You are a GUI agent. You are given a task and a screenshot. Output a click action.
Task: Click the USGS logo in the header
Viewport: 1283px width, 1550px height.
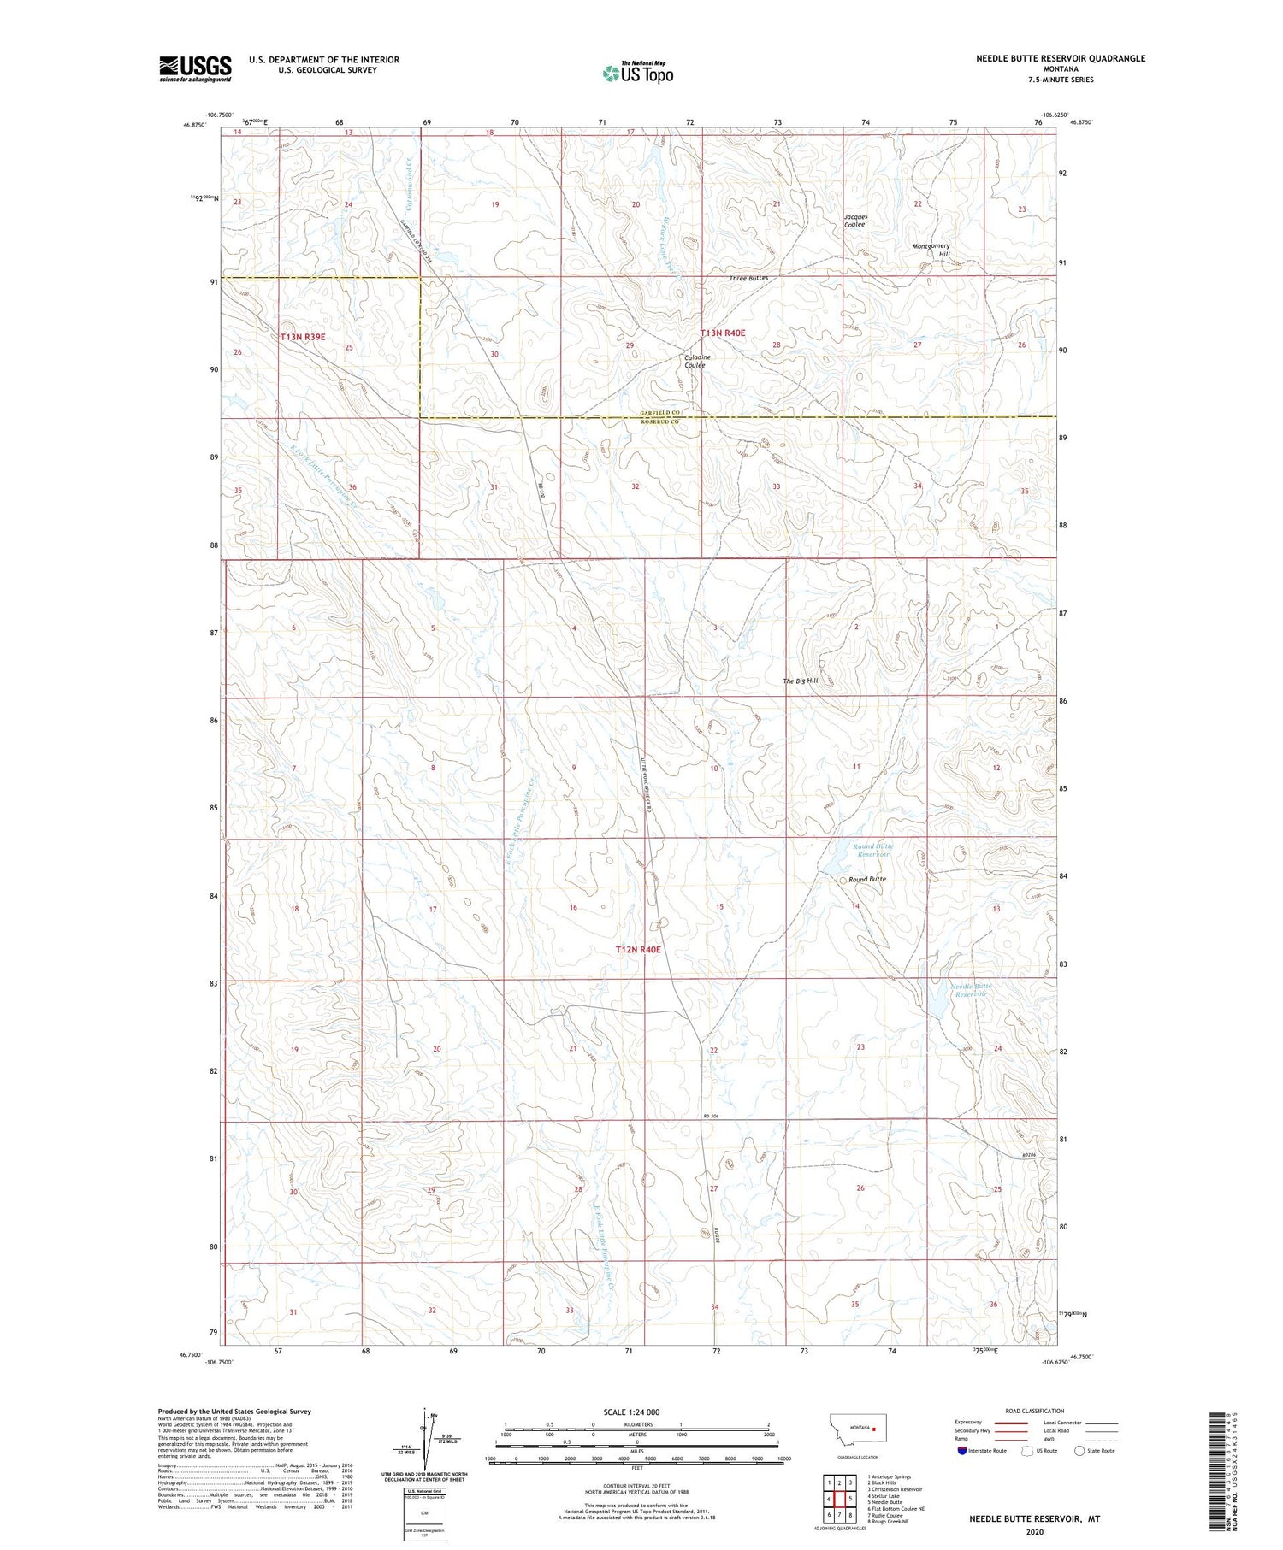point(195,68)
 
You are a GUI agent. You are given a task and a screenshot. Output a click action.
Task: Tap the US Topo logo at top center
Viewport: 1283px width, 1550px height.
point(637,73)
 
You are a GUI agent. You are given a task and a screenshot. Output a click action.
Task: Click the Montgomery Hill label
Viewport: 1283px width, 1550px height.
point(931,250)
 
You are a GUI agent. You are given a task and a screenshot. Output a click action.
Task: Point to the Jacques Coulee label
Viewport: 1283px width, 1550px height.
point(855,220)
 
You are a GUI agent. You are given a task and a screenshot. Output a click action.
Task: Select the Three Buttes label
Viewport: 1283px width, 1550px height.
point(748,279)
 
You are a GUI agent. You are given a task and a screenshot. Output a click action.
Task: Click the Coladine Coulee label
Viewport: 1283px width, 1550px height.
point(695,361)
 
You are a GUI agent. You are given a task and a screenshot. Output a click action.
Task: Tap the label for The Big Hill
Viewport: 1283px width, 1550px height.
point(801,681)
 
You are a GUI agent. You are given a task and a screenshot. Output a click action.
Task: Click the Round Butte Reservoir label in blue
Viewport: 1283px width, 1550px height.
point(873,850)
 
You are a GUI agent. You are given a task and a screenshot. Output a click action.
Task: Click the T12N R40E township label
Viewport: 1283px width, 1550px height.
point(639,950)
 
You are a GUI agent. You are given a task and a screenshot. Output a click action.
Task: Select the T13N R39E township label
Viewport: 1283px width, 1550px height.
point(303,337)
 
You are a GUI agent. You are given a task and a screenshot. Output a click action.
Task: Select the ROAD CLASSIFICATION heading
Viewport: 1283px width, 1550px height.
point(1035,1411)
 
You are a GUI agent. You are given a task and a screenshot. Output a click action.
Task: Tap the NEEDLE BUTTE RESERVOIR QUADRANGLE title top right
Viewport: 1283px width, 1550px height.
point(1061,58)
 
